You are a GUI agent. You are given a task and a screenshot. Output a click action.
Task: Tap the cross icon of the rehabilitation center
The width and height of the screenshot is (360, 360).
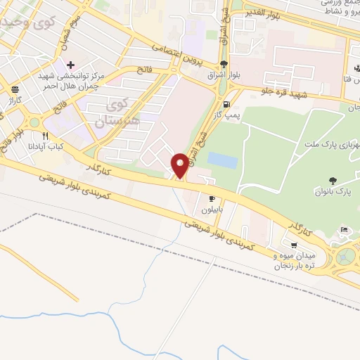71,65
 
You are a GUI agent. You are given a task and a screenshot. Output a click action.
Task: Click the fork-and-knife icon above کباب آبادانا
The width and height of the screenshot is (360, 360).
46,136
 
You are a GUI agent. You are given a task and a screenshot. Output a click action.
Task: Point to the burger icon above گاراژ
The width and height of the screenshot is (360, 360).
15,89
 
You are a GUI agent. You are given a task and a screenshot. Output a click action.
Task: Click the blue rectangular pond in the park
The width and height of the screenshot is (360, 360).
222,160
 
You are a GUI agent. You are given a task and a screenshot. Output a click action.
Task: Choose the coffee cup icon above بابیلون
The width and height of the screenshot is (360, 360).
212,199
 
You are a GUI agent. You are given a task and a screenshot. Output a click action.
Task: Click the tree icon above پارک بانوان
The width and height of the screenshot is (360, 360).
332,181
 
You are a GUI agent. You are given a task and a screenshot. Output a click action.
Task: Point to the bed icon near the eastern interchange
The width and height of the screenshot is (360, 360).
344,230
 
